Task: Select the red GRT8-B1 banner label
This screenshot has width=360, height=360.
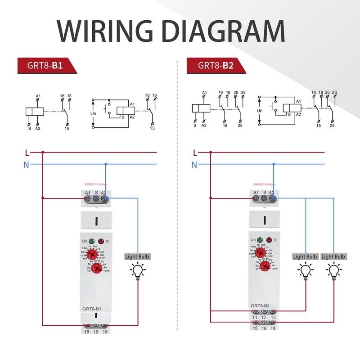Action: coord(45,66)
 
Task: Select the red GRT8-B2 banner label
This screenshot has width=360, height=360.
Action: coord(215,66)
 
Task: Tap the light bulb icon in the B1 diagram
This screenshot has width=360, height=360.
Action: coord(138,271)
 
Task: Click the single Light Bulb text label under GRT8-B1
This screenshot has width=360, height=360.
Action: coord(138,256)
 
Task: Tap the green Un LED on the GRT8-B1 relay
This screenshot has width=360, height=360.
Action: coord(92,241)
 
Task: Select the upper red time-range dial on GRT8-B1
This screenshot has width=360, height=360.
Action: coord(96,254)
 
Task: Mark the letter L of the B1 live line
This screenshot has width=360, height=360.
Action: coord(27,152)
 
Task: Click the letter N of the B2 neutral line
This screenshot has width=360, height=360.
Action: coord(194,165)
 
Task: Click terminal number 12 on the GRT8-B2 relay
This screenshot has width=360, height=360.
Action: coord(264,318)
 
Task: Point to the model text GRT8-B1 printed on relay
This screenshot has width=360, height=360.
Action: coord(92,309)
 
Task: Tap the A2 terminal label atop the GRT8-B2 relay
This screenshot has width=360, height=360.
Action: coord(272,192)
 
